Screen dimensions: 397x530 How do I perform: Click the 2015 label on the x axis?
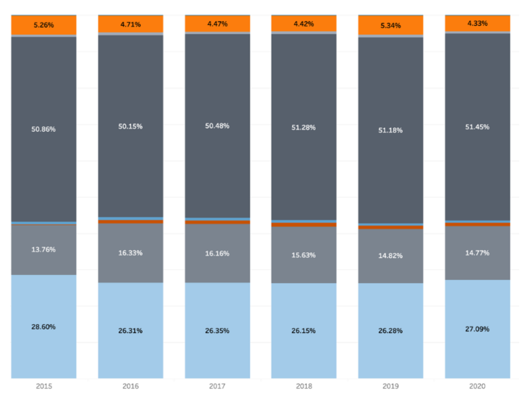(43, 385)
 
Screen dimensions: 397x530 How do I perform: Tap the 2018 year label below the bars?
(303, 385)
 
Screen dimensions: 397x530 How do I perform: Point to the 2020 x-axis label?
(477, 385)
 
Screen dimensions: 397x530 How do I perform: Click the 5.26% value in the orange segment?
(43, 25)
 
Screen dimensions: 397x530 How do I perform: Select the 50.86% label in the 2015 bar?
(43, 129)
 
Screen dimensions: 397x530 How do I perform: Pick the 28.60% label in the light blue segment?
(43, 326)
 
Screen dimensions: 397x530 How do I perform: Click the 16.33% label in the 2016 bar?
(130, 253)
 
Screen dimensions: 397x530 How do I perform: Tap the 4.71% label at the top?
(130, 24)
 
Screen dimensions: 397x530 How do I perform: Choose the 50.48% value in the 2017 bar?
(217, 126)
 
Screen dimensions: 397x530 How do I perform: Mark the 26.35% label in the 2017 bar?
(217, 331)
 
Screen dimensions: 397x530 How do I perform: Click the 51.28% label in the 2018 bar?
(303, 127)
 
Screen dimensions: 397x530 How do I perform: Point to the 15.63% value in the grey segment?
(303, 255)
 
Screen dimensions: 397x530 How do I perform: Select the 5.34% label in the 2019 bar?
(390, 26)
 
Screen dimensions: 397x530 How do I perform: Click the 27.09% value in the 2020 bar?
(477, 329)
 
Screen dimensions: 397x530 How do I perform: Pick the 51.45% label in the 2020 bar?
(477, 126)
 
